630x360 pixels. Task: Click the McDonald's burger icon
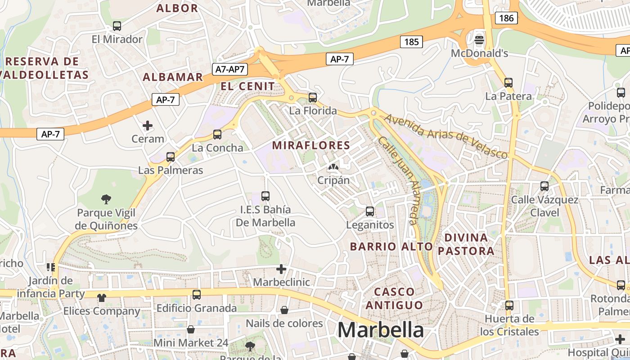pyautogui.click(x=479, y=40)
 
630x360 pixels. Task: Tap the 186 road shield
pyautogui.click(x=506, y=18)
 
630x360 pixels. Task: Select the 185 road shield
pyautogui.click(x=411, y=42)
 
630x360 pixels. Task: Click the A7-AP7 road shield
pyautogui.click(x=229, y=69)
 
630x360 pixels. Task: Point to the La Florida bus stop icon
pyautogui.click(x=313, y=97)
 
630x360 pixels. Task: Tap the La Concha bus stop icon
pyautogui.click(x=217, y=134)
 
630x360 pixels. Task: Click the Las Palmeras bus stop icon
pyautogui.click(x=171, y=157)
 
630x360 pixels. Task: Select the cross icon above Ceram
pyautogui.click(x=148, y=125)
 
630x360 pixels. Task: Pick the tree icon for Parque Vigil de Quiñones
pyautogui.click(x=106, y=198)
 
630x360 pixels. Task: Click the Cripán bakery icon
pyautogui.click(x=333, y=167)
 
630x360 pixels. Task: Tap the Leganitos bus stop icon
pyautogui.click(x=370, y=211)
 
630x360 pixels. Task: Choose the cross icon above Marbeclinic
pyautogui.click(x=281, y=269)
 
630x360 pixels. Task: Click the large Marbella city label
pyautogui.click(x=380, y=330)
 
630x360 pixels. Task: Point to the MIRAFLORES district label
pyautogui.click(x=311, y=145)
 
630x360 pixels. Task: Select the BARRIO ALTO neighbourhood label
pyautogui.click(x=391, y=247)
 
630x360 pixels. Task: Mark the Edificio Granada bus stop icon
pyautogui.click(x=197, y=295)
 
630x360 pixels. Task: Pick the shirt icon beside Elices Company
pyautogui.click(x=101, y=297)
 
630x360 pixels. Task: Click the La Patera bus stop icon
pyautogui.click(x=508, y=82)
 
